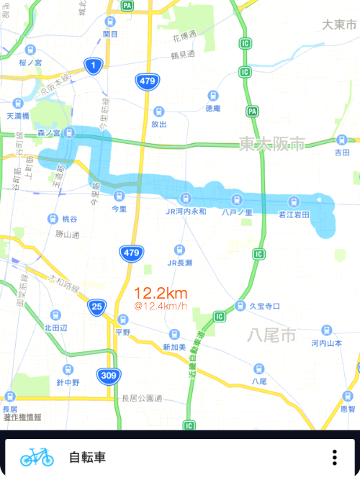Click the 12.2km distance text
(161, 293)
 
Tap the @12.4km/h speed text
(161, 307)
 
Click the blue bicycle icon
(37, 456)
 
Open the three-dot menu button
(334, 457)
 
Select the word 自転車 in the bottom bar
(88, 457)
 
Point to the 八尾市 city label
(271, 335)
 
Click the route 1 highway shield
(92, 66)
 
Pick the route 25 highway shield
(97, 307)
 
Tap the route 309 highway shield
(109, 375)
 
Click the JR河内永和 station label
(186, 212)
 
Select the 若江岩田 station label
(293, 214)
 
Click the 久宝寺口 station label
(264, 306)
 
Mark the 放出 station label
(158, 124)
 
